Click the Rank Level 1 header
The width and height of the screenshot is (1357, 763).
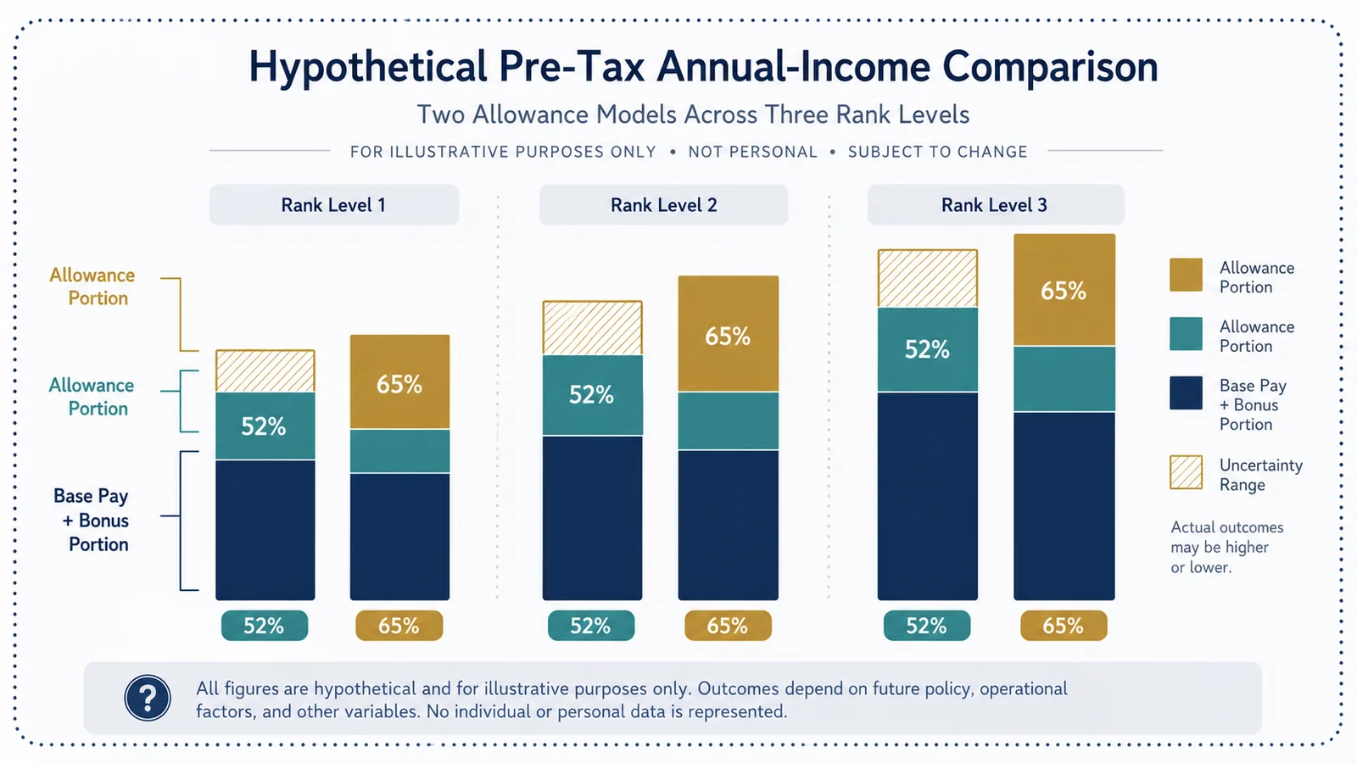click(x=334, y=204)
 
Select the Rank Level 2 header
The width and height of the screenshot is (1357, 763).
click(x=663, y=204)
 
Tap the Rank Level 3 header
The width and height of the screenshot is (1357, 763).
click(x=996, y=204)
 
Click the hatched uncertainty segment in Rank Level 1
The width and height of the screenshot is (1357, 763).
click(x=265, y=371)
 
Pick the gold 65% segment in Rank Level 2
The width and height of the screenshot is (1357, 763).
click(x=729, y=334)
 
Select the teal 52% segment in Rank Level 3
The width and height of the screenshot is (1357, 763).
click(x=928, y=349)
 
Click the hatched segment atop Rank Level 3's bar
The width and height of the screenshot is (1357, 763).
click(x=928, y=279)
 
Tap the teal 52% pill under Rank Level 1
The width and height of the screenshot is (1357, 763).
click(x=264, y=626)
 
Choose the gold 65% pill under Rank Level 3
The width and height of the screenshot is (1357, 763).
click(x=1064, y=626)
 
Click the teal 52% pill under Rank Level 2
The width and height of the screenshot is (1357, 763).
click(x=591, y=626)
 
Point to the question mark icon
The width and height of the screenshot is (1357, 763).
click(x=148, y=698)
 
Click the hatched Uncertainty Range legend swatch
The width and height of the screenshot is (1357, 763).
click(x=1187, y=472)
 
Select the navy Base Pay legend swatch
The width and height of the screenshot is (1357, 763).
click(x=1187, y=393)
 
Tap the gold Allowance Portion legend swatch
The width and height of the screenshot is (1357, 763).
click(x=1187, y=275)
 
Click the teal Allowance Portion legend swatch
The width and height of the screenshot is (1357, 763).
click(x=1187, y=334)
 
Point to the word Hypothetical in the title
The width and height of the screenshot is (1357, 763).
click(x=368, y=67)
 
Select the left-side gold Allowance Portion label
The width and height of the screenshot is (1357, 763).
click(x=92, y=287)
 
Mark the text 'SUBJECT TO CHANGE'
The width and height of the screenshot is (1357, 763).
click(x=938, y=152)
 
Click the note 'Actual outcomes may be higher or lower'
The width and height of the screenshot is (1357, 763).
click(x=1226, y=547)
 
